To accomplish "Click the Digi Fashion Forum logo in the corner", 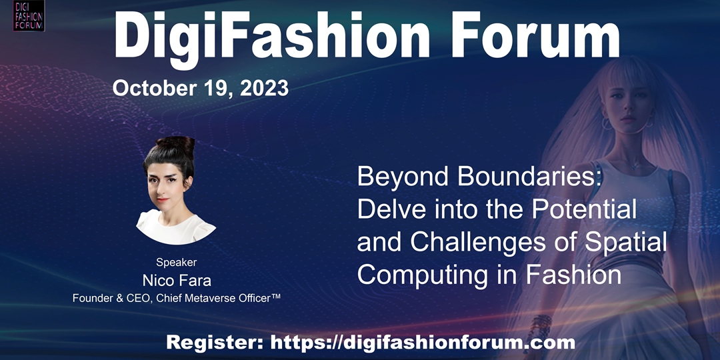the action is click(x=29, y=15).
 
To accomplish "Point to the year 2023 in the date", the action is click(x=264, y=88).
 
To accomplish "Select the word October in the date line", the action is click(x=152, y=88).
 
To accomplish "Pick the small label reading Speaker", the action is click(x=176, y=263).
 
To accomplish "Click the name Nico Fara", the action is click(x=177, y=280).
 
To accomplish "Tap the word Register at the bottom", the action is click(x=215, y=343).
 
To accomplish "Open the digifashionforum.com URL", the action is click(x=423, y=343).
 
